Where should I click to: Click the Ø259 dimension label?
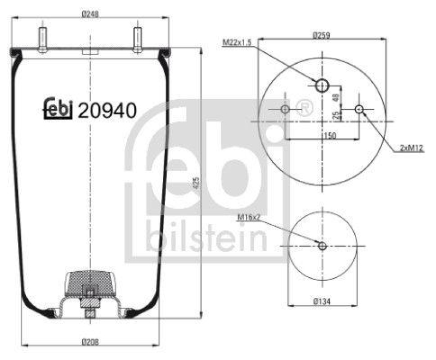[322, 35]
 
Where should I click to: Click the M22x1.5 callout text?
[237, 42]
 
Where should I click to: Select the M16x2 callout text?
[248, 219]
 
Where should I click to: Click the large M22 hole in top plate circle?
[322, 85]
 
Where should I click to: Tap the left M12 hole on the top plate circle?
[285, 110]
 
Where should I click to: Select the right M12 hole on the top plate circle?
[359, 110]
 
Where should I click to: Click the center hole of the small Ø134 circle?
[322, 246]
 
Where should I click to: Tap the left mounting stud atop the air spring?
[41, 39]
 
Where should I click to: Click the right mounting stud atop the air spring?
[137, 39]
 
